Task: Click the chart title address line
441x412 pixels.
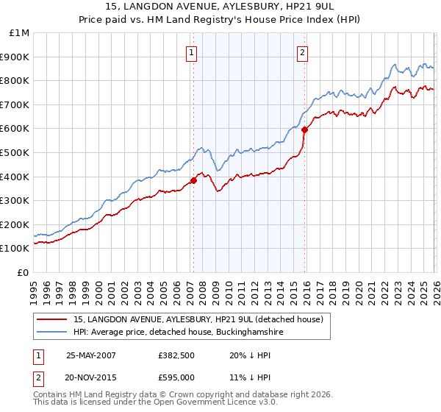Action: pos(220,7)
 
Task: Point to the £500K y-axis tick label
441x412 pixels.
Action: pos(16,153)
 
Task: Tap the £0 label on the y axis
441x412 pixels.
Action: pos(24,273)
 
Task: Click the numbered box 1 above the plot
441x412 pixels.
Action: pos(191,51)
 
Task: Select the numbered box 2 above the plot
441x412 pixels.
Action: pos(302,51)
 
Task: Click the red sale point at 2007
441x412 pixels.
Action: pos(194,180)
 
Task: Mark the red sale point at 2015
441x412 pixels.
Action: pos(304,129)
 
